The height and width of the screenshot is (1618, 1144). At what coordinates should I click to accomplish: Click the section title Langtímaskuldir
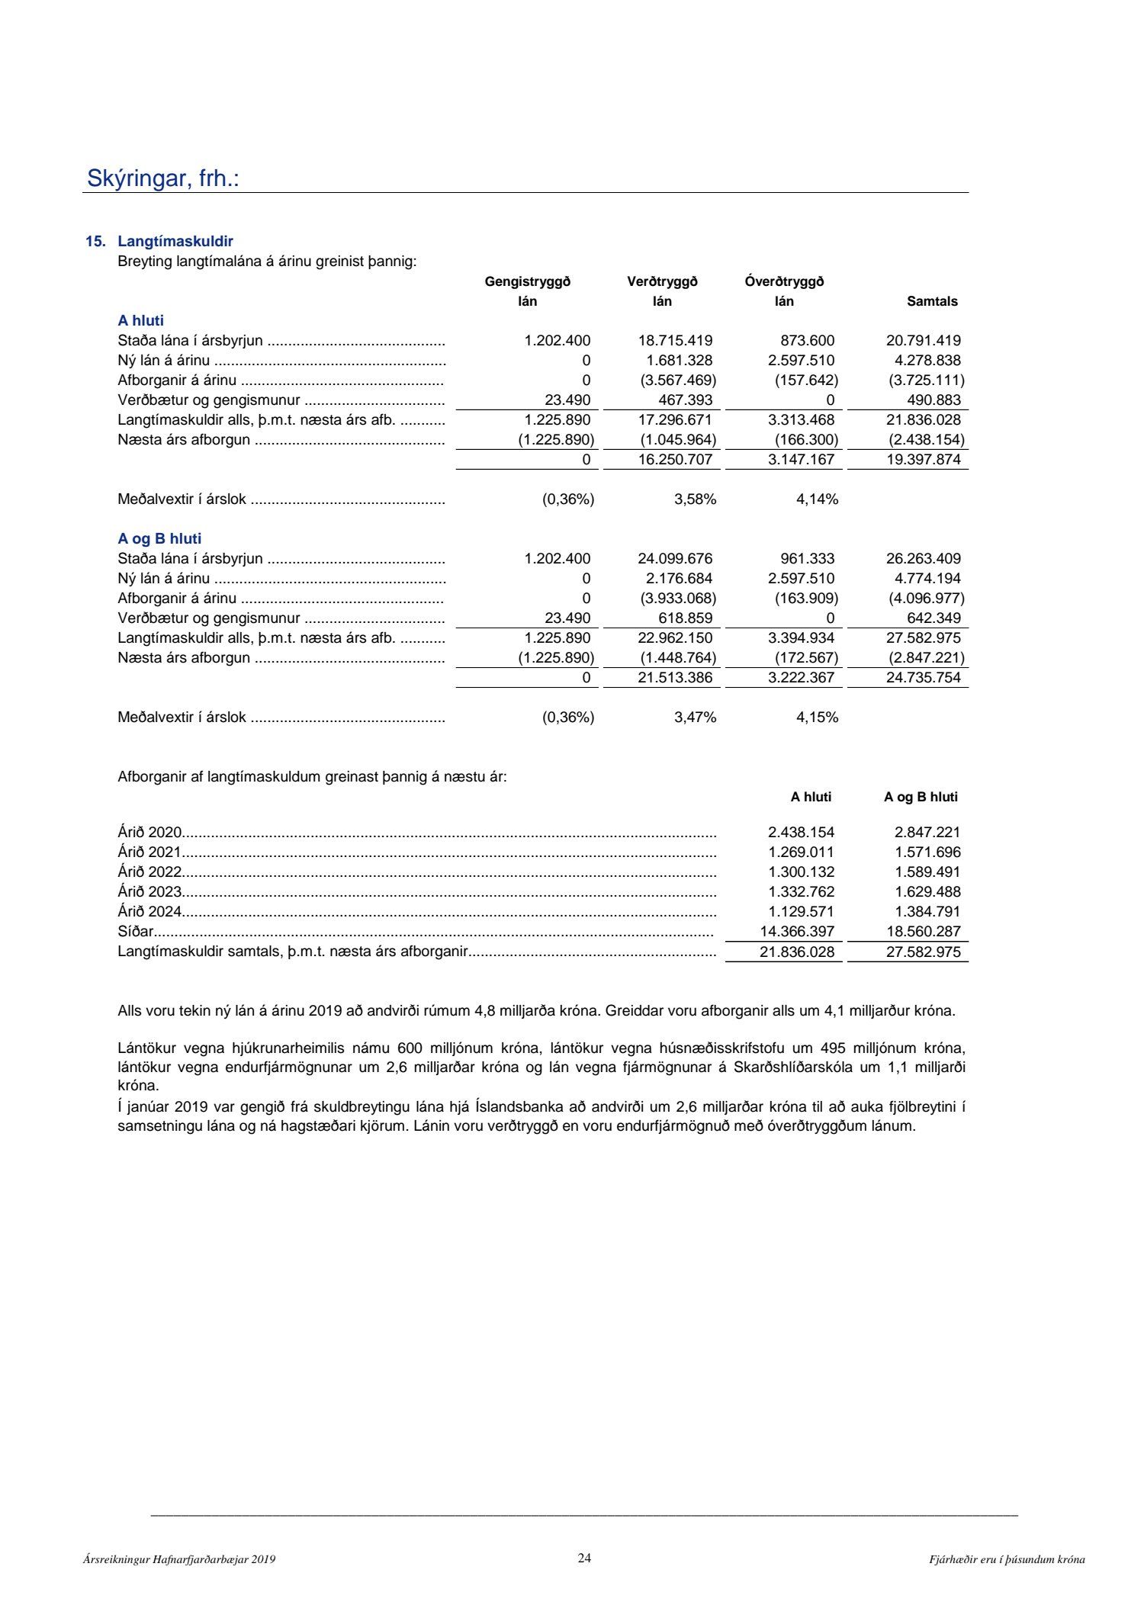175,242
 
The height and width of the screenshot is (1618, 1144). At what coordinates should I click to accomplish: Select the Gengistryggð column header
528,282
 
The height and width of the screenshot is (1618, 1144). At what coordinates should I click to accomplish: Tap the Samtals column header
932,301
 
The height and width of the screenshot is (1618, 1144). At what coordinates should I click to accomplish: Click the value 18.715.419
675,341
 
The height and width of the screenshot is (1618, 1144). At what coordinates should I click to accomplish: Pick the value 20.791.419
923,341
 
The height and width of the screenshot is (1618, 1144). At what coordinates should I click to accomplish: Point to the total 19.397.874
923,460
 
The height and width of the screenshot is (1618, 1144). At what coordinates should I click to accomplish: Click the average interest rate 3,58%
695,499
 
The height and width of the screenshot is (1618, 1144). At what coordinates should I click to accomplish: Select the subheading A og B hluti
159,539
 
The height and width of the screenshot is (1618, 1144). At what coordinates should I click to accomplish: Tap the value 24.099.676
675,559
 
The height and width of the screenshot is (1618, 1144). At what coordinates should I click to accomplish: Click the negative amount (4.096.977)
926,599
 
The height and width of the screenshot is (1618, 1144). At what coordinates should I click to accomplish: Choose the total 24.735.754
923,678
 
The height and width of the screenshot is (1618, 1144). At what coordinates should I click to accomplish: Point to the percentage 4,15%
817,718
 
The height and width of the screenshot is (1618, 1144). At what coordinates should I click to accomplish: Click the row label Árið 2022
149,872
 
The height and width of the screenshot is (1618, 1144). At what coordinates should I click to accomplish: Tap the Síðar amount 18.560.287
923,932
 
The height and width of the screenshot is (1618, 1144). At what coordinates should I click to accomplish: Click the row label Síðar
135,932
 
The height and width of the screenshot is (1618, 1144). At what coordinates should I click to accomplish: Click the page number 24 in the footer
584,1559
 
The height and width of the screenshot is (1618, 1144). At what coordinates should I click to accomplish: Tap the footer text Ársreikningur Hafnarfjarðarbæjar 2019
179,1560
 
